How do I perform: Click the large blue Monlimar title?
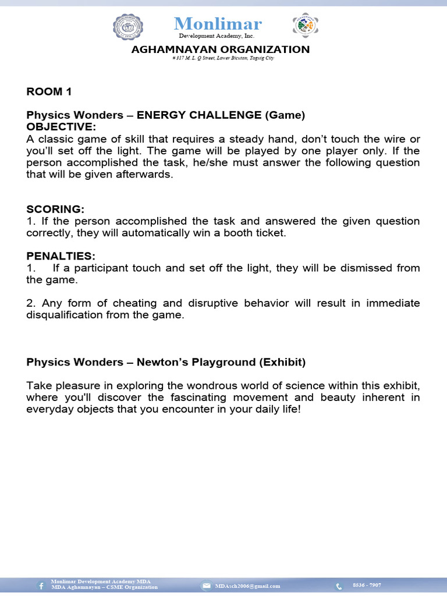pos(218,23)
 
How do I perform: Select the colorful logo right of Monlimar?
pos(305,27)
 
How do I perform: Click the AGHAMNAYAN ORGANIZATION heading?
pos(221,49)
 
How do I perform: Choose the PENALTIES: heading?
pos(61,256)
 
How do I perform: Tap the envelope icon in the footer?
pos(207,586)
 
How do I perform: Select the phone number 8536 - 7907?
pos(367,585)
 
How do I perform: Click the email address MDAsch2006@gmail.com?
pos(247,586)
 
